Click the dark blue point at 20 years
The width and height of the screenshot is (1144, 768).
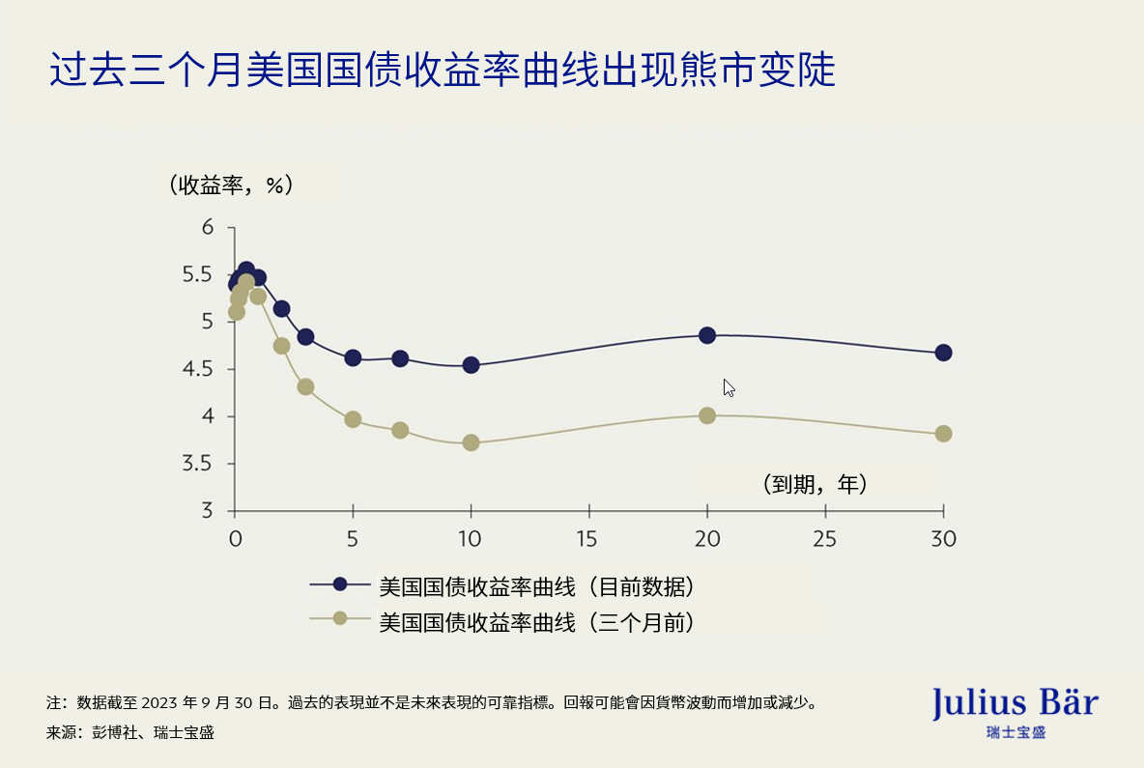[x=707, y=335]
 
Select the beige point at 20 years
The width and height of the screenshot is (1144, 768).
[x=707, y=415]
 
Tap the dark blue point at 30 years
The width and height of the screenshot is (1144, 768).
[x=943, y=353]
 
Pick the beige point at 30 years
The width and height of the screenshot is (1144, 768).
[x=943, y=434]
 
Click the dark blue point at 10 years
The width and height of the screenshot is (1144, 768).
[x=471, y=365]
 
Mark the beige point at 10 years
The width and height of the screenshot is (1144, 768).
[x=471, y=442]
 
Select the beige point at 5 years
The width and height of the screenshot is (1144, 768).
[x=353, y=419]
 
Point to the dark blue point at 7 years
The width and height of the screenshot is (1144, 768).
[x=400, y=358]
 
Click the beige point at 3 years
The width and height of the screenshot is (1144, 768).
[x=305, y=386]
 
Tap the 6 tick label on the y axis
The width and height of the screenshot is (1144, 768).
[x=207, y=227]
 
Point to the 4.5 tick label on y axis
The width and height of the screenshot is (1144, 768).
[x=199, y=369]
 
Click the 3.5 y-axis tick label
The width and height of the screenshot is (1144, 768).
[x=199, y=464]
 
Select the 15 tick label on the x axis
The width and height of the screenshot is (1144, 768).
[x=588, y=538]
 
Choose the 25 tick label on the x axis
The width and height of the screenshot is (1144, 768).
[x=825, y=538]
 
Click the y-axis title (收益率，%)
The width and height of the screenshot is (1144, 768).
[x=230, y=185]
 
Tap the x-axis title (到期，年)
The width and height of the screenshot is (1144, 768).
[x=814, y=484]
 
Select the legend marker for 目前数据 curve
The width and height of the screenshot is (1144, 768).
[x=339, y=584]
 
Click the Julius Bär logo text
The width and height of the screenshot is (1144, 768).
[x=1015, y=702]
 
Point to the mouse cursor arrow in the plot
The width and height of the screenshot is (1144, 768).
[x=729, y=387]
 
